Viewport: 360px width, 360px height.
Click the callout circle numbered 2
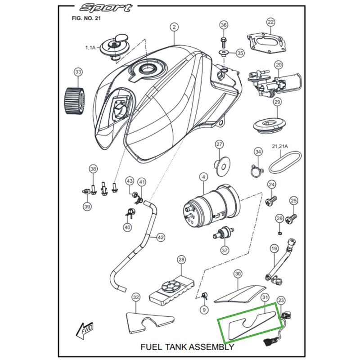click(174, 27)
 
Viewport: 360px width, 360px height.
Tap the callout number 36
click(224, 25)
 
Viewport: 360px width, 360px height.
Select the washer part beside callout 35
click(224, 53)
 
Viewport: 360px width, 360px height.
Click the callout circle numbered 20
click(278, 64)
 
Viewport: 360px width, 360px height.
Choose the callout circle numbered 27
click(219, 144)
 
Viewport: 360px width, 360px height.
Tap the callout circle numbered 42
click(161, 236)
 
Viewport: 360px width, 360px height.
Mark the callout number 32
click(135, 297)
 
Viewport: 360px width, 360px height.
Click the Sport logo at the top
click(106, 8)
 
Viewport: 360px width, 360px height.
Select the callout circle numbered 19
click(274, 248)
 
